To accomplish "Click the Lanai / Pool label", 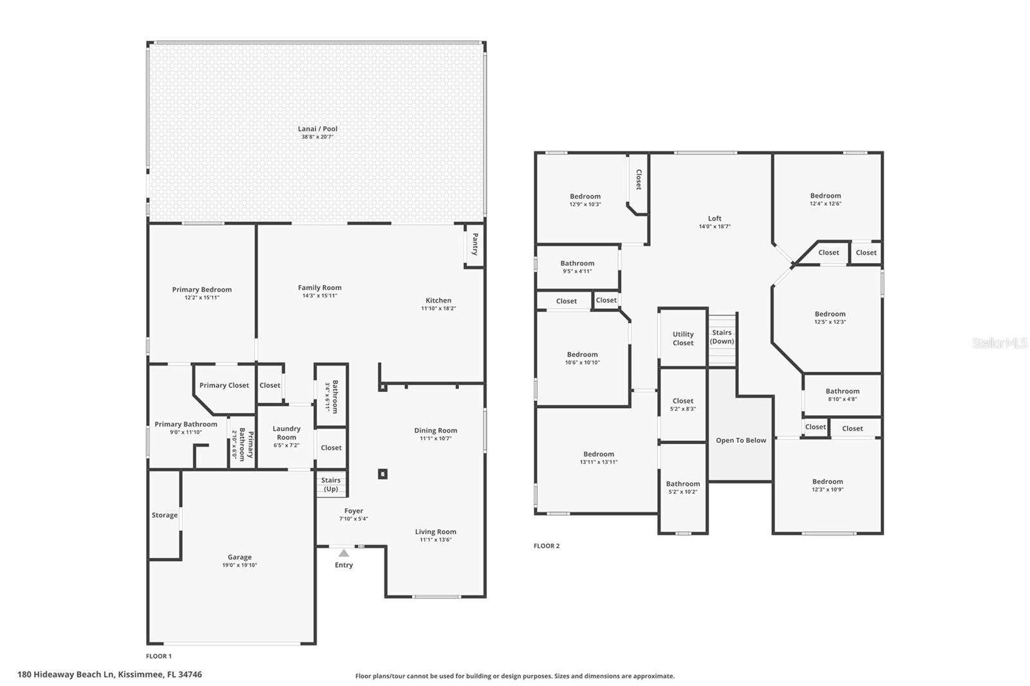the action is coord(317,129).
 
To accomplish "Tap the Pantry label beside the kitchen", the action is coord(475,244).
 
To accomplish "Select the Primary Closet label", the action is coord(224,385).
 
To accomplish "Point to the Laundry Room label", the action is coord(286,432).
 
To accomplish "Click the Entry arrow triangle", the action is coord(344,553).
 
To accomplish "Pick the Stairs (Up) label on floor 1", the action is coord(331,484).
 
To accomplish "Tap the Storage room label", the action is coord(165,515).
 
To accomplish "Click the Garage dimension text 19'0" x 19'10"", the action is coord(239,565).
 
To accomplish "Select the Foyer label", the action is coord(353,511).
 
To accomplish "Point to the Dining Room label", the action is coord(435,431).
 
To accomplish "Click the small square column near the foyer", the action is coord(382,474).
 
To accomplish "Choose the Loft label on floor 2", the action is coord(715,218).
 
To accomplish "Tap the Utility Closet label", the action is coord(683,338).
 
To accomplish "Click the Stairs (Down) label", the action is coord(722,337).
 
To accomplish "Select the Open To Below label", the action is coord(741,440).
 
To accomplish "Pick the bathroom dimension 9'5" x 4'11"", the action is coord(577,272).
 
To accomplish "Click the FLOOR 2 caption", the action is coord(547,546).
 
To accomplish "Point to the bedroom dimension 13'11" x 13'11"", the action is coord(599,462).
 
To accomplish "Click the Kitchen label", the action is coord(438,301).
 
